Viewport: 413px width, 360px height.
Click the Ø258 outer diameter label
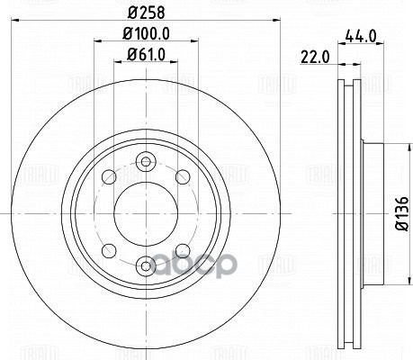pos(146,13)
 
